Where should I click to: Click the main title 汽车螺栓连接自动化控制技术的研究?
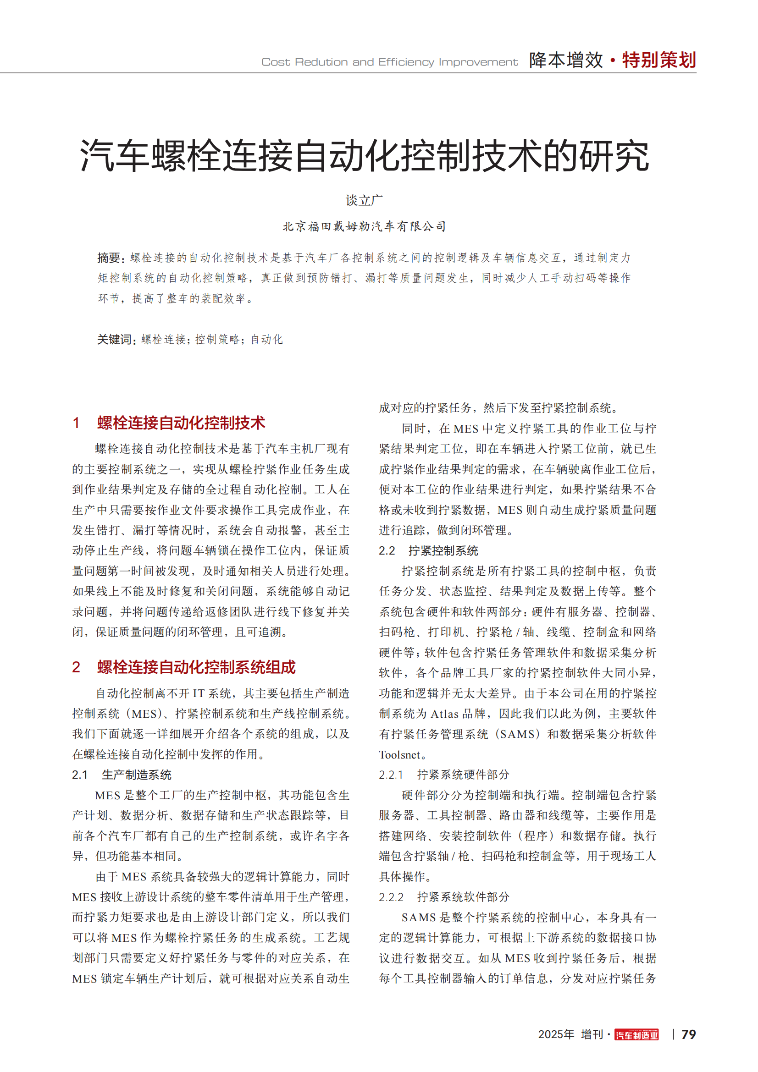(x=364, y=155)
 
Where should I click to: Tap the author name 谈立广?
(x=364, y=200)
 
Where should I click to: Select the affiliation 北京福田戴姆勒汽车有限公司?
(x=364, y=226)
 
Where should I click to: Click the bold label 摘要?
(x=109, y=258)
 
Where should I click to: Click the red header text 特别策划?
(x=659, y=60)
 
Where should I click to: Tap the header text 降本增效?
(x=566, y=60)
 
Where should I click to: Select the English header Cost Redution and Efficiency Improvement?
(x=389, y=62)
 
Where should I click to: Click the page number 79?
(x=688, y=1035)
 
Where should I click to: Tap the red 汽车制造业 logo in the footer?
(x=636, y=1035)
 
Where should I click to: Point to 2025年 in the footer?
(x=556, y=1035)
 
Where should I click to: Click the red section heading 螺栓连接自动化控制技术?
(x=181, y=423)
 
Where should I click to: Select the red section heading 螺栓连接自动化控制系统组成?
(x=196, y=667)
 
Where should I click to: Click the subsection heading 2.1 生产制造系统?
(x=122, y=775)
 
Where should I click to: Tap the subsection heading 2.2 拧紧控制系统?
(x=428, y=551)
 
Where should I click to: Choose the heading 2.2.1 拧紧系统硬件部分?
(x=444, y=775)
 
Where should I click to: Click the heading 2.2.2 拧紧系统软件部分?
(x=444, y=897)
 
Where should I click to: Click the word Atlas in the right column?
(x=444, y=714)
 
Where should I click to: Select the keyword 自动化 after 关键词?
(x=267, y=340)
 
